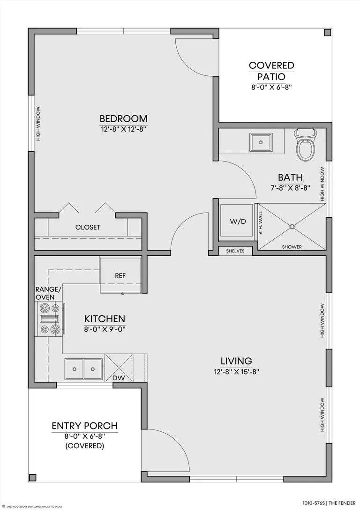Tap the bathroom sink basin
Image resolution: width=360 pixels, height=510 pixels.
261,142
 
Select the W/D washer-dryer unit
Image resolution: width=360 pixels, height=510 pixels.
237,221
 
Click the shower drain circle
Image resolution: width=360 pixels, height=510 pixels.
292,227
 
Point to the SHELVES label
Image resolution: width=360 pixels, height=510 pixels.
235,251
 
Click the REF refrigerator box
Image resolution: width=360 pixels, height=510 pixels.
120,275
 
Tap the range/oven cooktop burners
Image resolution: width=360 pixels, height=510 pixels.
49,318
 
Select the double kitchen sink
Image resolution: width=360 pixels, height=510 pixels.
84,369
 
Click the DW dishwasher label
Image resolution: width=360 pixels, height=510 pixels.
119,378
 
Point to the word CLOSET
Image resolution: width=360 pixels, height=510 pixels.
88,227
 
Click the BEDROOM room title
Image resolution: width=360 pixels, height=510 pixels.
123,118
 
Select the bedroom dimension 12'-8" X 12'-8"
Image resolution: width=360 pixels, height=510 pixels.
123,129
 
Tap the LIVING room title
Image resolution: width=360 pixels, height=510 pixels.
236,361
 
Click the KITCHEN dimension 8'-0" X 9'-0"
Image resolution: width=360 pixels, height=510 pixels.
105,329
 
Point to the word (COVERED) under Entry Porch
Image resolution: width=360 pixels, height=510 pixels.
85,445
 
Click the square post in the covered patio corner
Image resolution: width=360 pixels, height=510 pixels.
327,32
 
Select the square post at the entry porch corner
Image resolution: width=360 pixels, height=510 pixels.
32,477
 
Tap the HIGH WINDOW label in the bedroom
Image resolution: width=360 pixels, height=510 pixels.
38,124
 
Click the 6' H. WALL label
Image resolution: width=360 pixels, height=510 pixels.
261,222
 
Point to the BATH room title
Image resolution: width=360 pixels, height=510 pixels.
290,177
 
